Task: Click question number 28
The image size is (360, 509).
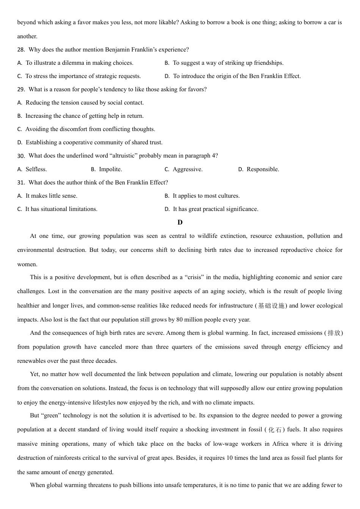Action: (21, 50)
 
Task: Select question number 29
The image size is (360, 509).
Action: (21, 89)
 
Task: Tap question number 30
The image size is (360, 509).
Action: (21, 156)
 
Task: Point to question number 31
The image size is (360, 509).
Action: (21, 183)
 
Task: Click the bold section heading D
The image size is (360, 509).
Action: (180, 222)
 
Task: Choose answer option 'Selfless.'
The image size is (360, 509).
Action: (36, 169)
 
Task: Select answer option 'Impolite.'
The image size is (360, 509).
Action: (110, 169)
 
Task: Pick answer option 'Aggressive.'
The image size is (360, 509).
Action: (188, 169)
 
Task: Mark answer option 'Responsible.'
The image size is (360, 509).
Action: (263, 169)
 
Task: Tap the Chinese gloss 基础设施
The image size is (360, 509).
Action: (271, 306)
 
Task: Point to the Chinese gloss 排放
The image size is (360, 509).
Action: (334, 333)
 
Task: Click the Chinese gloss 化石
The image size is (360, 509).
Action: (275, 429)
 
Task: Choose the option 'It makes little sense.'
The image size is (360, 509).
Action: (51, 196)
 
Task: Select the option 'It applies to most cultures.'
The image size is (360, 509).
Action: (206, 196)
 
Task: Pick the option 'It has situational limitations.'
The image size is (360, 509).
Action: (61, 209)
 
